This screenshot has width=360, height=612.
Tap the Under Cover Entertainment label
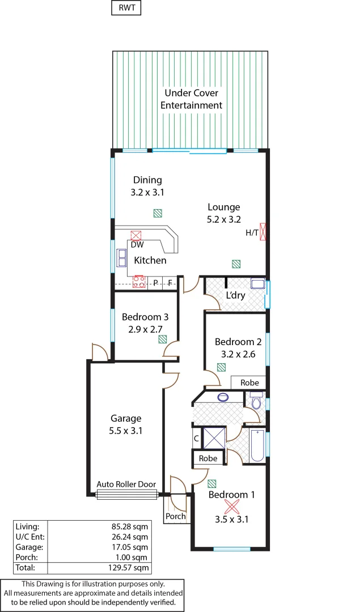[x=191, y=99]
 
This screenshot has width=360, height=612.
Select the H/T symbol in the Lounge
[x=262, y=232]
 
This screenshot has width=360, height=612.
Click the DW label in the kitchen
[x=137, y=245]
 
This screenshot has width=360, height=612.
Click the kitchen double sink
[x=121, y=258]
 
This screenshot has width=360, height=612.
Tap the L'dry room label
[x=235, y=296]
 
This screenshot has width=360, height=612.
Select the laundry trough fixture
[x=258, y=284]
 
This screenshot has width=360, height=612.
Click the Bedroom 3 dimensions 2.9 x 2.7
[x=145, y=329]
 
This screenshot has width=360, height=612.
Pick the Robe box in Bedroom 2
[x=249, y=383]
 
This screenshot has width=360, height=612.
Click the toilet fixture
[x=256, y=402]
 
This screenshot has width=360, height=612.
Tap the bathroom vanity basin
[x=223, y=397]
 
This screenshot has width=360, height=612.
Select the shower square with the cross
[x=214, y=438]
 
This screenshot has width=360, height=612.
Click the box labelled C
[x=196, y=438]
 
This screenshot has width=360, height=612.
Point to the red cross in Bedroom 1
[x=232, y=506]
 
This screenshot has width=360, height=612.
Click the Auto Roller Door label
[x=126, y=484]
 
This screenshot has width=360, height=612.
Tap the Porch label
[x=176, y=516]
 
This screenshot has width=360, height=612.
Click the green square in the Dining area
[x=158, y=213]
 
